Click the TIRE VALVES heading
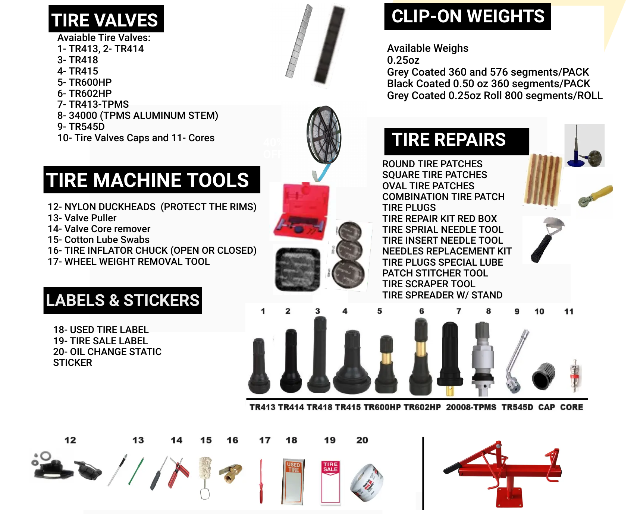click(106, 19)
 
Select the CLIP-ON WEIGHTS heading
click(467, 17)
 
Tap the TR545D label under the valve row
click(517, 407)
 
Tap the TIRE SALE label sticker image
click(330, 481)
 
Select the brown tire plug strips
click(543, 180)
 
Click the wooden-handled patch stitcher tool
click(595, 196)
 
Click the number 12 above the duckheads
click(70, 440)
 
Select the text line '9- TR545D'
click(81, 127)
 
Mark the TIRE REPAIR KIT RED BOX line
click(439, 219)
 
